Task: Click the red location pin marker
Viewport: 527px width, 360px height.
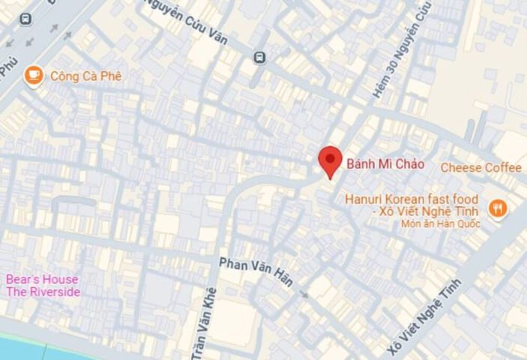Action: [330, 160]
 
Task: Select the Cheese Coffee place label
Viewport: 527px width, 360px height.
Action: [481, 167]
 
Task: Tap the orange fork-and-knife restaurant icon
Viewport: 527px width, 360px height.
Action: [498, 208]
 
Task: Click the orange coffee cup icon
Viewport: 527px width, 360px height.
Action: [33, 75]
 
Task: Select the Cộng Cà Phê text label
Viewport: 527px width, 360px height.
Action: [85, 76]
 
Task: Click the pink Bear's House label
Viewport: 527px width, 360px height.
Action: [42, 280]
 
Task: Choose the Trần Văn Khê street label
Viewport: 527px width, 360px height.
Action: [205, 322]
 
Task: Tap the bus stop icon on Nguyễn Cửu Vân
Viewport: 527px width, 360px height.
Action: [259, 58]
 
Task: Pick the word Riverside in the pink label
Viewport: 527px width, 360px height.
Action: [52, 292]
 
